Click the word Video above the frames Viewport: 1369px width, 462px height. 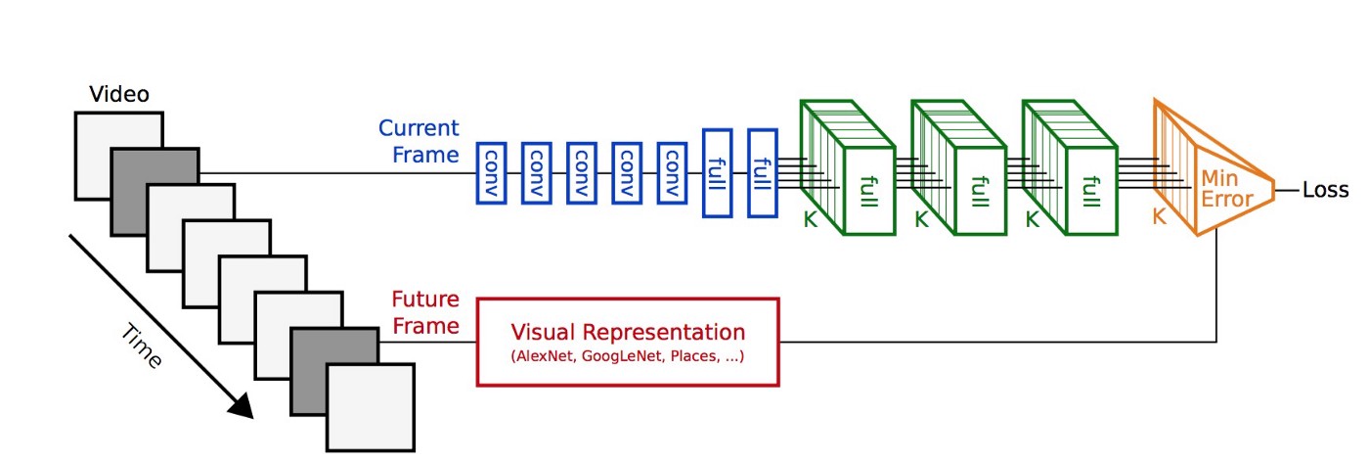click(x=119, y=95)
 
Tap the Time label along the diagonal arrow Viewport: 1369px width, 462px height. click(x=142, y=348)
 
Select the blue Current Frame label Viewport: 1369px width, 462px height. click(x=420, y=141)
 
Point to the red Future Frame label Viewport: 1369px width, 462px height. click(x=425, y=311)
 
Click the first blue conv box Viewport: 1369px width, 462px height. click(x=492, y=172)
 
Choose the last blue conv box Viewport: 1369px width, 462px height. click(x=673, y=172)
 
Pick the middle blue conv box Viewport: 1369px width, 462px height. click(x=582, y=172)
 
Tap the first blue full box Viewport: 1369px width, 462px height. click(x=718, y=172)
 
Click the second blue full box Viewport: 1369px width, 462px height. click(x=763, y=172)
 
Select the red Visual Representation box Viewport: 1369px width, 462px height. click(x=628, y=342)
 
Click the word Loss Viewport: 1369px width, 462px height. click(x=1325, y=190)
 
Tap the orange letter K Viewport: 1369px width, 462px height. click(x=1160, y=217)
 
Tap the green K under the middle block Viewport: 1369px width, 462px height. click(x=920, y=220)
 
